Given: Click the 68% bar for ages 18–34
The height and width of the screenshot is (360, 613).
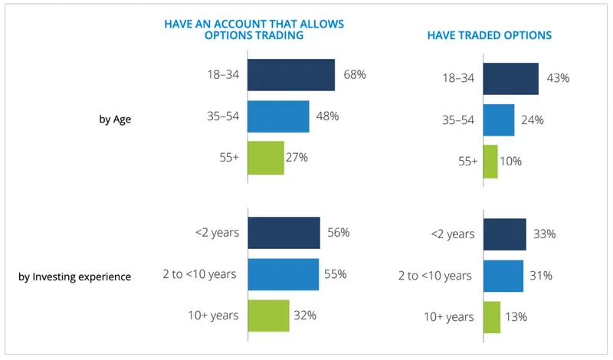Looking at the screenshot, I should (x=291, y=75).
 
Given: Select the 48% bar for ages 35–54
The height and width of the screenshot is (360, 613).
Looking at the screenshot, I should (x=278, y=116).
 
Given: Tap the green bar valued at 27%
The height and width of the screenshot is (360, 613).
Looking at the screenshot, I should (x=266, y=158).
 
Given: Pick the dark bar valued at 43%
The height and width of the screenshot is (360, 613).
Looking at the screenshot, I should (x=511, y=79).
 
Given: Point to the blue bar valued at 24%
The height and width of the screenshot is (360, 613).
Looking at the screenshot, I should (x=499, y=119).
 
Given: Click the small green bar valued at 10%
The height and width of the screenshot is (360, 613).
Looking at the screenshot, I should (x=490, y=161).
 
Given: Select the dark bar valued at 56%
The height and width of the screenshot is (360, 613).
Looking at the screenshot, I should (x=284, y=233).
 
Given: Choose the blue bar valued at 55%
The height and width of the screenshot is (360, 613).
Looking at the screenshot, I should (x=283, y=274).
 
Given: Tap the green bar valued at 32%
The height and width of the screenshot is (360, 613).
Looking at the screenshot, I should (x=268, y=315).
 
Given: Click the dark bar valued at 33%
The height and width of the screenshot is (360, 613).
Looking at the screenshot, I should (x=505, y=234).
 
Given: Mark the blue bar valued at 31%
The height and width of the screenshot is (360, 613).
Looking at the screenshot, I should (x=503, y=276).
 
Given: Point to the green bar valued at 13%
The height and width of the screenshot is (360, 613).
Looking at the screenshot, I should (x=492, y=316).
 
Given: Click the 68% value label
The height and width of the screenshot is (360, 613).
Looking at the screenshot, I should (x=355, y=75).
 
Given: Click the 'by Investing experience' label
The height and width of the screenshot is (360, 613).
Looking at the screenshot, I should (x=74, y=277).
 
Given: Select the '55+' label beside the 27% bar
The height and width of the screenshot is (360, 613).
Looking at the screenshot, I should (x=229, y=158).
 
